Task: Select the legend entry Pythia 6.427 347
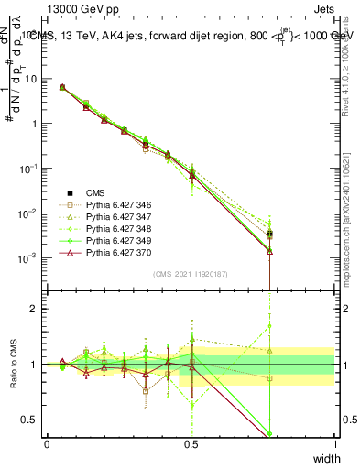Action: [x=116, y=217]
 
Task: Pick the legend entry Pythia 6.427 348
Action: [x=116, y=228]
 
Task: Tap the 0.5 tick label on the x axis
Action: [x=191, y=444]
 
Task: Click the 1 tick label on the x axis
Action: [x=334, y=444]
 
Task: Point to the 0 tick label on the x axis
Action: [x=47, y=444]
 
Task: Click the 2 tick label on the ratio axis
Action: [x=36, y=309]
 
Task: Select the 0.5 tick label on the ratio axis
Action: [x=31, y=420]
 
